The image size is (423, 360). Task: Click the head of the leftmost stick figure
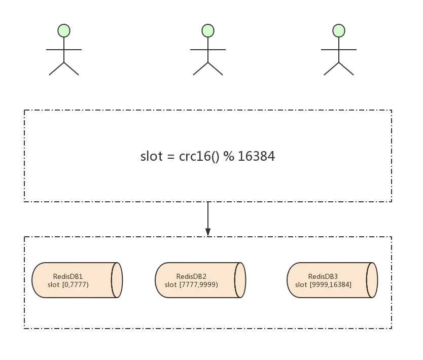(64, 30)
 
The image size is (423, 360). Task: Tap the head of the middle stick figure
(207, 30)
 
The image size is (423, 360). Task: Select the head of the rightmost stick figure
(339, 31)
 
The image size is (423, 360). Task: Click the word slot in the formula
(151, 156)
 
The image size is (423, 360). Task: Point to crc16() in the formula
(199, 156)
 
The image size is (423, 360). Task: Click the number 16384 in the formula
(256, 156)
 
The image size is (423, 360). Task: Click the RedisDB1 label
(68, 276)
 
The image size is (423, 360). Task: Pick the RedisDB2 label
(191, 276)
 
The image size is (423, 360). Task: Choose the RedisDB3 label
(323, 276)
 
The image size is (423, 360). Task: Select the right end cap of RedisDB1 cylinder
(117, 280)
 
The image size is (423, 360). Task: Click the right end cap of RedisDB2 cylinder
(240, 280)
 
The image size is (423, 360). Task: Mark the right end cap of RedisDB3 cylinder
(372, 280)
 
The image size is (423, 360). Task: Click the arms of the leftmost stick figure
(65, 51)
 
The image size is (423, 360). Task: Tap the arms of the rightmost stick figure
(339, 51)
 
